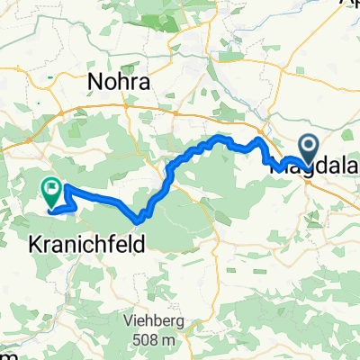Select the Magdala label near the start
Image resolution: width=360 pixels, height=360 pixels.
pos(320,164)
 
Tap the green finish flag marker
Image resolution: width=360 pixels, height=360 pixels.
pos(52,190)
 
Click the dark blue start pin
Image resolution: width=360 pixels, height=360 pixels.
pos(308,148)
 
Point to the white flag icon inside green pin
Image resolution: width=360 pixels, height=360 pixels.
pos(52,188)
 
